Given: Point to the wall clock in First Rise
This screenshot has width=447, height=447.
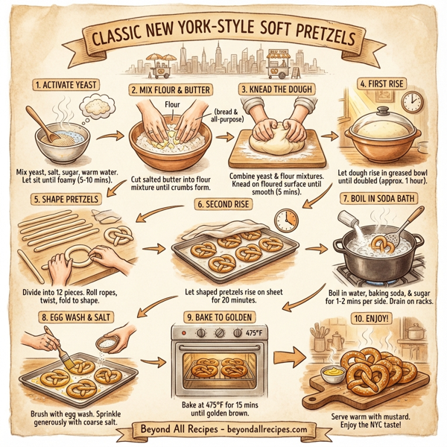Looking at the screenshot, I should point(412,103).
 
